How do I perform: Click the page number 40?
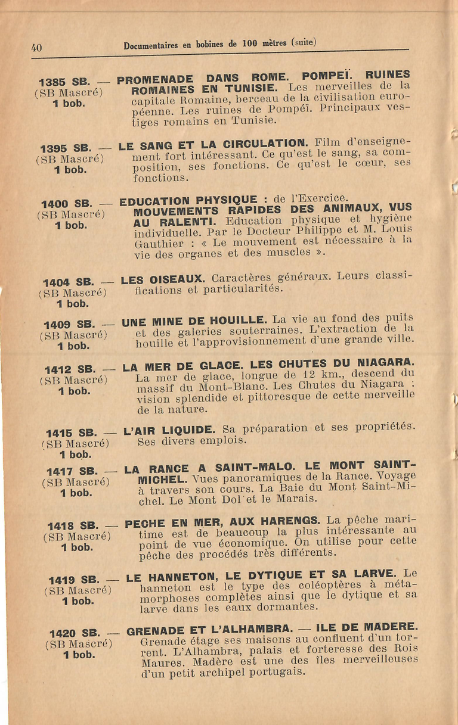click(36, 48)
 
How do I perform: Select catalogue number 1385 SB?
click(64, 82)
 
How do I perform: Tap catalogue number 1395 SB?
click(65, 148)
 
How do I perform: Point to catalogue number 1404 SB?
click(68, 282)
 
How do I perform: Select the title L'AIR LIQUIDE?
click(169, 430)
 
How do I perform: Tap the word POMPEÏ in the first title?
click(327, 76)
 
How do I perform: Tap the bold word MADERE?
click(391, 626)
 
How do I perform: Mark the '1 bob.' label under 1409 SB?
click(73, 345)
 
